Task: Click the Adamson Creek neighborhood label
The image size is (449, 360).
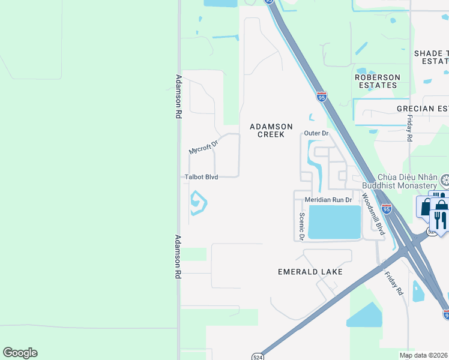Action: (271, 130)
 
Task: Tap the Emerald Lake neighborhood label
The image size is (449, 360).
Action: (310, 272)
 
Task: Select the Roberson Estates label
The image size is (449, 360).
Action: (377, 81)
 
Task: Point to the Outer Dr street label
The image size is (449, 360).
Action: (316, 133)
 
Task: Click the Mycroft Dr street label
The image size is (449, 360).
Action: (203, 146)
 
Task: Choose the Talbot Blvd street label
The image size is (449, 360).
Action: (201, 177)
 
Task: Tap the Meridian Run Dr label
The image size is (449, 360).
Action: (327, 199)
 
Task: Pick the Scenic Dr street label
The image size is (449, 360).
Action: (302, 226)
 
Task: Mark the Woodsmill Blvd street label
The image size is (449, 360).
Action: (372, 210)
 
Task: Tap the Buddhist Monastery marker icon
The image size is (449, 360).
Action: (445, 179)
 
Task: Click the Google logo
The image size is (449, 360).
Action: (20, 353)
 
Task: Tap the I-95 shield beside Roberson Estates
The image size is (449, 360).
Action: (322, 97)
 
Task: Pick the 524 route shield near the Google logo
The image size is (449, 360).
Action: (256, 355)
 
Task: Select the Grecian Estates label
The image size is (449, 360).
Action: (423, 109)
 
